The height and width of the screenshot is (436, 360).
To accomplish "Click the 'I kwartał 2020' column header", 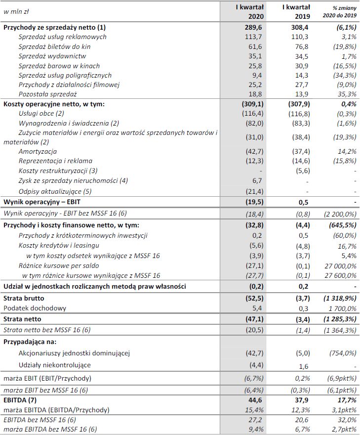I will pos(250,11).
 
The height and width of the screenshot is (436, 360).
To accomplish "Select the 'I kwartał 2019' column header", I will pos(296,11).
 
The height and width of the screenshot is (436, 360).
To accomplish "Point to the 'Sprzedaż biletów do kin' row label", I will pos(54,46).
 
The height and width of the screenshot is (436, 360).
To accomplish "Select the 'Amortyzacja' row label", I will pos(38,151).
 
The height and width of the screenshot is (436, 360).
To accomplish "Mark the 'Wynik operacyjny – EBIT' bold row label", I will pos(39,202).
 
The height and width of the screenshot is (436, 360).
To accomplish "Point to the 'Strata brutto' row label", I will pos(23,299).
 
